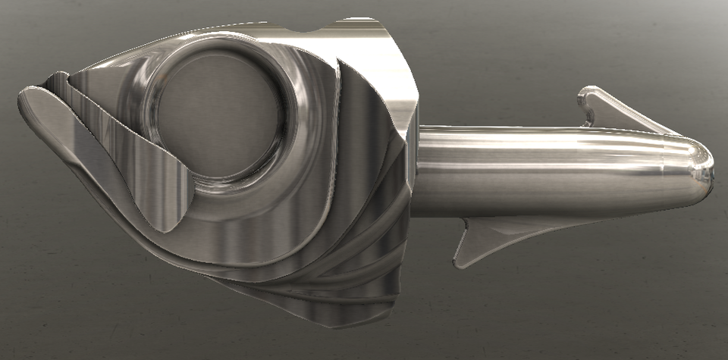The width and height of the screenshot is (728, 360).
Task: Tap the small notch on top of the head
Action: (x=312, y=30)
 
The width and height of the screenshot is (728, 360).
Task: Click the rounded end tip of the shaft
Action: (x=710, y=171)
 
